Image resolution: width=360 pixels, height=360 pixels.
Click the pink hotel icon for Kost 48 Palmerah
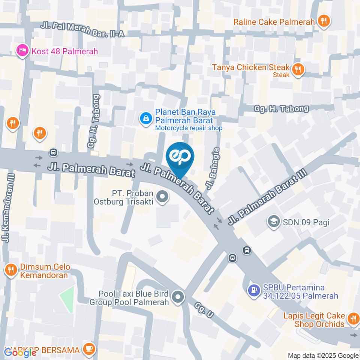pyautogui.click(x=22, y=51)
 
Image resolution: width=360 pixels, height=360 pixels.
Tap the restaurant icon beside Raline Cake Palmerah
pyautogui.click(x=323, y=21)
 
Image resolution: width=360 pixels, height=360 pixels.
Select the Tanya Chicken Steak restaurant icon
pyautogui.click(x=298, y=69)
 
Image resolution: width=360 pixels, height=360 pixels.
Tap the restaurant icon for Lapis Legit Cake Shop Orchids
pyautogui.click(x=353, y=319)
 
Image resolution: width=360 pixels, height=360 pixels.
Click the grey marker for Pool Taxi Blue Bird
pyautogui.click(x=178, y=298)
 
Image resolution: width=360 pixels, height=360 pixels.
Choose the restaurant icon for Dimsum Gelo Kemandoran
pyautogui.click(x=10, y=269)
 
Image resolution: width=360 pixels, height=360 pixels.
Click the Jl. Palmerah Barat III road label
pyautogui.click(x=267, y=197)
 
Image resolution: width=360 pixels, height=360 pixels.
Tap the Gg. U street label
pyautogui.click(x=204, y=310)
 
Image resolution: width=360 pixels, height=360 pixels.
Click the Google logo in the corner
pyautogui.click(x=20, y=352)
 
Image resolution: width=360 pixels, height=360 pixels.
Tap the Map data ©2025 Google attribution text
pyautogui.click(x=323, y=355)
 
